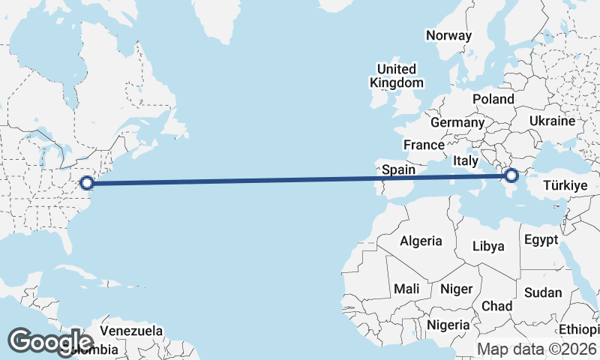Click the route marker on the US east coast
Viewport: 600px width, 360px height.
tap(87, 182)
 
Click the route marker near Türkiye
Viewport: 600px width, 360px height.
tap(511, 176)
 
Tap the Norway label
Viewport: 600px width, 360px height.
tap(448, 35)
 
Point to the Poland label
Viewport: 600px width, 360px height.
tap(493, 99)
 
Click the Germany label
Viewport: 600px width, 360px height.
tap(457, 122)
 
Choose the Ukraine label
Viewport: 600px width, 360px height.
tap(552, 121)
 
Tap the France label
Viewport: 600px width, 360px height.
tap(424, 145)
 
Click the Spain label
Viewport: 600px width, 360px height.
tap(398, 169)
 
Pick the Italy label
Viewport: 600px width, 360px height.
tap(465, 161)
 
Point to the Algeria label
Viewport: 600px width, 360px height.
tap(421, 241)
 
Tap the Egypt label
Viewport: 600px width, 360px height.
tap(541, 241)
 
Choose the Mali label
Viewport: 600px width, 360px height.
tap(406, 289)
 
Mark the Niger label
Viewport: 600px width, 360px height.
tap(455, 289)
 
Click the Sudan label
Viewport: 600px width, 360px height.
tap(542, 292)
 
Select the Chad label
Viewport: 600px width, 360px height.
tap(496, 306)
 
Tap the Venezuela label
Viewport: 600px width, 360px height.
tap(131, 330)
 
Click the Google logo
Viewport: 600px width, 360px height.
tap(50, 341)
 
